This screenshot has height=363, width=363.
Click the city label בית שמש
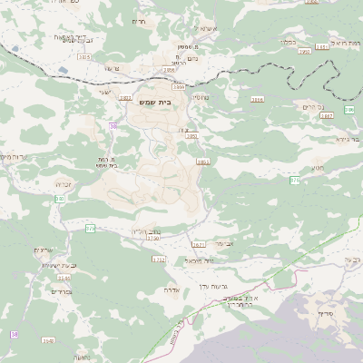[x=155, y=102]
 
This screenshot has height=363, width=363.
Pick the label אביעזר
[x=225, y=243]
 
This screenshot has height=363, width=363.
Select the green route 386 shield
[x=295, y=181]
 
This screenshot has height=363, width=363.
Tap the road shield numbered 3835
[x=84, y=57]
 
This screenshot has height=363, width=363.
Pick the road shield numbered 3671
[x=199, y=244]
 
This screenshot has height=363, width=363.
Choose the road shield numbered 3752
[x=159, y=260]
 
